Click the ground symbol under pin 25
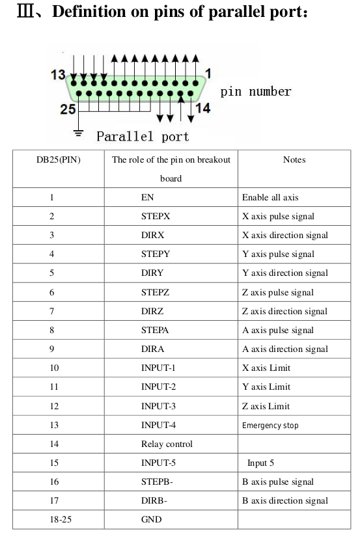(79, 133)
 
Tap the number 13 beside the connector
(58, 75)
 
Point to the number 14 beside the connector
(202, 108)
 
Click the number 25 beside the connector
(68, 109)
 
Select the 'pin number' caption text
(256, 92)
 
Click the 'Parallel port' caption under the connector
(143, 136)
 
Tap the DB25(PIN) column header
(59, 159)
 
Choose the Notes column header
(294, 159)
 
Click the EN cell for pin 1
(147, 197)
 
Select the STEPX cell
(156, 217)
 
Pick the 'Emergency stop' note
(270, 425)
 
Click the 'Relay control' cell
(167, 444)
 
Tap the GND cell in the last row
(151, 519)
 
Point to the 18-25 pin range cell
(61, 519)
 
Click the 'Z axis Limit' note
(266, 406)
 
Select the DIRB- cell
(154, 500)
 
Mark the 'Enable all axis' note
(270, 197)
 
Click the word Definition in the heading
(89, 12)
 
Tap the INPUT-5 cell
(158, 463)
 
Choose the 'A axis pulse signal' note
(278, 331)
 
